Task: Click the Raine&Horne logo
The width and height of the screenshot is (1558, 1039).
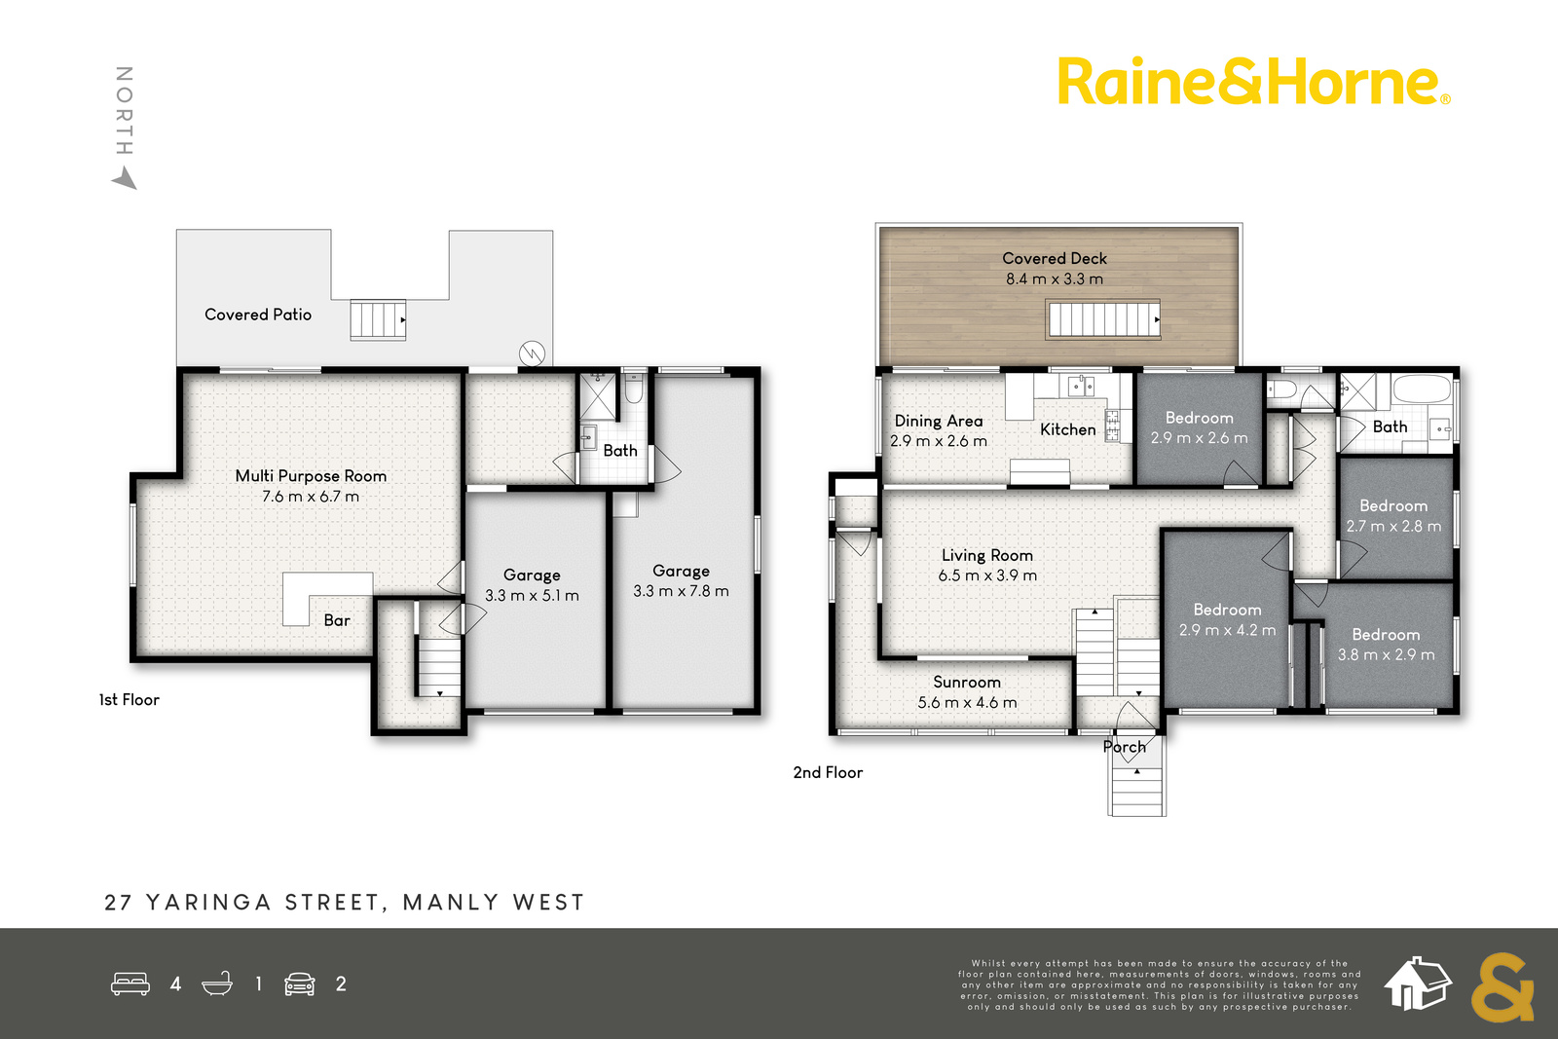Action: [x=1254, y=81]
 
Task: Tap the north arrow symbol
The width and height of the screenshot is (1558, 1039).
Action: [x=125, y=177]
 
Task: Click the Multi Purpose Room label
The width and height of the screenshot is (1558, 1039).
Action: [x=311, y=476]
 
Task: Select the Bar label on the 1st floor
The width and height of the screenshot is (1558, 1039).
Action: [x=337, y=620]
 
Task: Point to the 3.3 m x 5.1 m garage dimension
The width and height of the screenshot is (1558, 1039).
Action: [x=532, y=595]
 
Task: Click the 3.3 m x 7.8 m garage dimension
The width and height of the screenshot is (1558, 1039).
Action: [x=681, y=591]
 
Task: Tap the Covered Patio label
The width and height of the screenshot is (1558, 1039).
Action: [x=258, y=315]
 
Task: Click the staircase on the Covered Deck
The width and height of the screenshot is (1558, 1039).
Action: [x=1103, y=320]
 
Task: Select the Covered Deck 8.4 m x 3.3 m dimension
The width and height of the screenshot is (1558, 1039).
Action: [x=1055, y=278]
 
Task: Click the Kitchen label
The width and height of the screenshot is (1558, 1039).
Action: [x=1067, y=429]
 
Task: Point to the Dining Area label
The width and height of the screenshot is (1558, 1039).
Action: [x=939, y=421]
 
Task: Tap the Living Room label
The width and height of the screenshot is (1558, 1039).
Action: [x=987, y=556]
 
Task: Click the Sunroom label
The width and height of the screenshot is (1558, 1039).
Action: [x=967, y=683]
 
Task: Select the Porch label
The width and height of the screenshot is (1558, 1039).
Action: [x=1124, y=747]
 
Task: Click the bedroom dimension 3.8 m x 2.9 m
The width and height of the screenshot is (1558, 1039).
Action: [x=1387, y=655]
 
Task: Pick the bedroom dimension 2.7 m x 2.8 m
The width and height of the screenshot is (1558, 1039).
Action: [x=1393, y=527]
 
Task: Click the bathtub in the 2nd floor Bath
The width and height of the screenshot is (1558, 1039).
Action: [x=1422, y=389]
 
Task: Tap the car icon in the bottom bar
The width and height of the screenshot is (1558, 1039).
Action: [x=300, y=984]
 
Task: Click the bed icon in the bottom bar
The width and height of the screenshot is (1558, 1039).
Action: [x=130, y=984]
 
